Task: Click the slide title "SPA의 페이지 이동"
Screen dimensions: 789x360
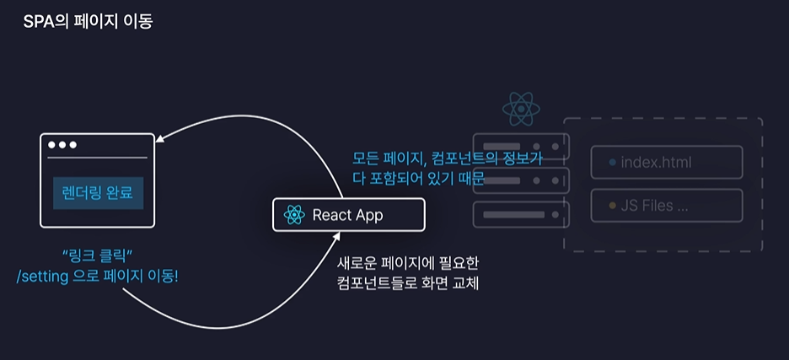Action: pos(88,20)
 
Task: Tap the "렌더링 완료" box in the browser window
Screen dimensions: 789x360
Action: pos(98,193)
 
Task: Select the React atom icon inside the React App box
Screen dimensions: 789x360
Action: pos(294,215)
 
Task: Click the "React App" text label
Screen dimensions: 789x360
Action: pos(347,215)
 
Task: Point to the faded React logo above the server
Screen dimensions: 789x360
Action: pos(520,110)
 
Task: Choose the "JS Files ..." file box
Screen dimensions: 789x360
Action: pos(666,205)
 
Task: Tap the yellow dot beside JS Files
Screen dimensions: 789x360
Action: pos(611,205)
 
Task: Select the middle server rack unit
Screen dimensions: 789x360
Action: pos(522,180)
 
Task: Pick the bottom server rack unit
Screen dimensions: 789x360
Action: pos(522,215)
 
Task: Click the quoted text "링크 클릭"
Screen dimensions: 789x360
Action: pos(98,255)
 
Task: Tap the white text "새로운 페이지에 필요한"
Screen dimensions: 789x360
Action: pos(408,263)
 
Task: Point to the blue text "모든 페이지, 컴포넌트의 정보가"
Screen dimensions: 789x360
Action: pos(447,158)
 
